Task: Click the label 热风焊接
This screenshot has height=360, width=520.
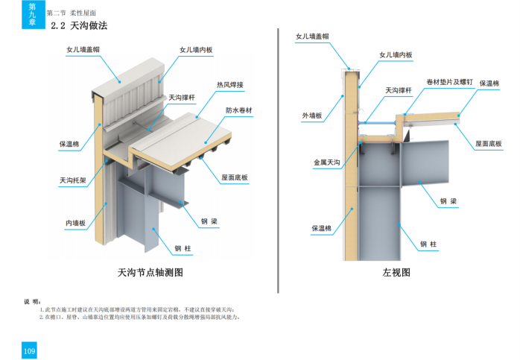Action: click(230, 84)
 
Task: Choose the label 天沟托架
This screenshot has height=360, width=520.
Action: click(73, 180)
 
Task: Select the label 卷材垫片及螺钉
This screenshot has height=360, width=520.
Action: click(448, 81)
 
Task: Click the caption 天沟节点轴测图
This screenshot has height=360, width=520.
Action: click(150, 273)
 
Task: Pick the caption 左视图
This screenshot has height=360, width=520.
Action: click(396, 273)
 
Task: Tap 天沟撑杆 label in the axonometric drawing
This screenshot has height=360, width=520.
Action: click(183, 97)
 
